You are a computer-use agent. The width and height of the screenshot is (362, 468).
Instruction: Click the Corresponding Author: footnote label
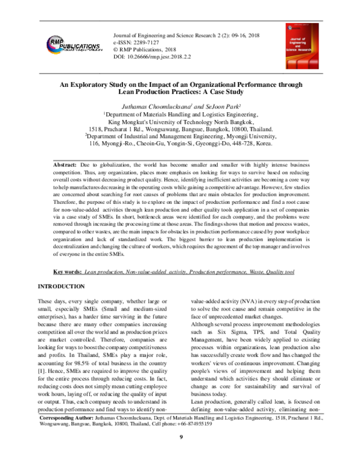click(66, 434)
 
